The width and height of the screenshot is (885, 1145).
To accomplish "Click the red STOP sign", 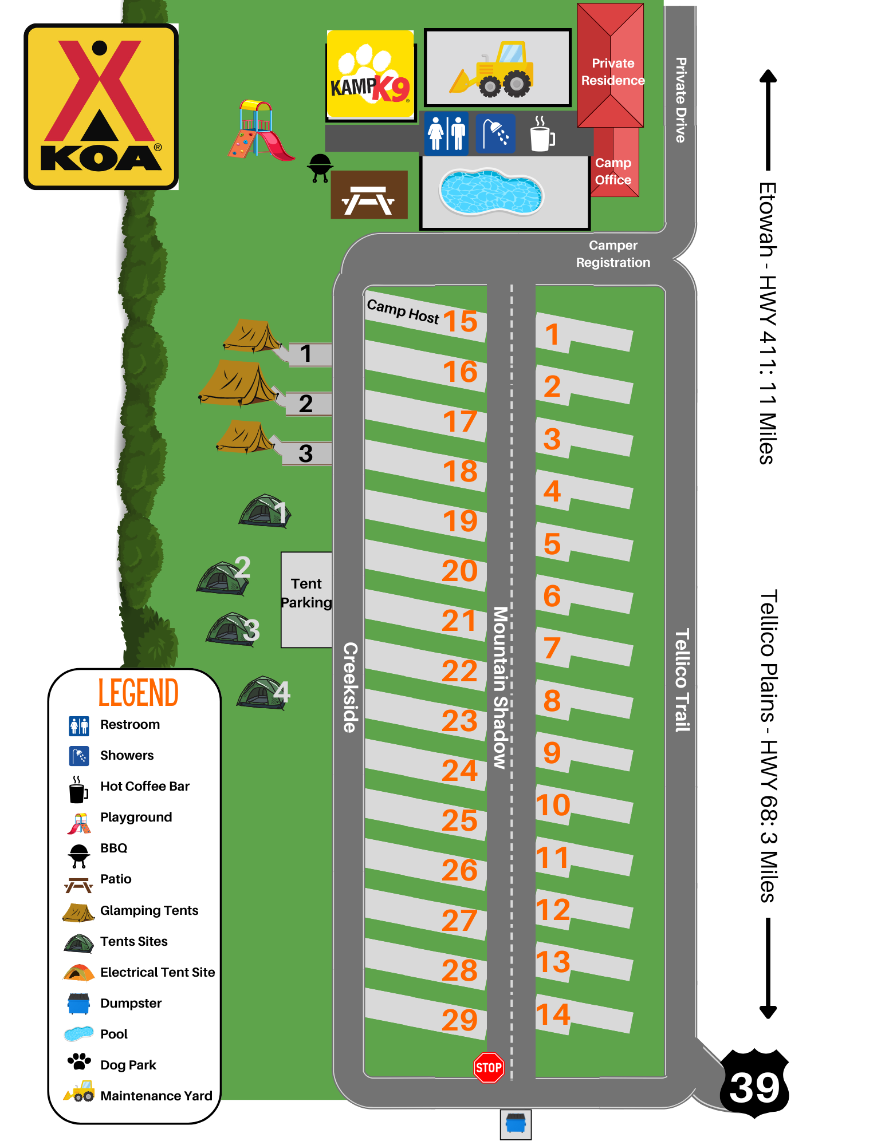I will [x=489, y=1068].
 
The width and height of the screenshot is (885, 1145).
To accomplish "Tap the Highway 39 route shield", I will [x=754, y=1084].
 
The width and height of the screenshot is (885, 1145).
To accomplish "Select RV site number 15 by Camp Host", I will [x=460, y=321].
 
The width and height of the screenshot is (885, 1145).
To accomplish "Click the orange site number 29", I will [x=459, y=1020].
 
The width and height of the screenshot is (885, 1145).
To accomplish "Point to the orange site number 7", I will [x=552, y=649].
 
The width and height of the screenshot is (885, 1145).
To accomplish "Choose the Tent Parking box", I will [x=306, y=599].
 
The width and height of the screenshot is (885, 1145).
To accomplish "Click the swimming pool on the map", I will [x=491, y=192].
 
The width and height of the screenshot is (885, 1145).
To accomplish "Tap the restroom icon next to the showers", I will [x=446, y=133].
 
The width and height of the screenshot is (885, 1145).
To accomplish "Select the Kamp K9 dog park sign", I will [x=370, y=74].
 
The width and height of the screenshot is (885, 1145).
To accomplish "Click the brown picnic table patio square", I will [x=369, y=195].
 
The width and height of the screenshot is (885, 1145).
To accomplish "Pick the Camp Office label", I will [x=613, y=171].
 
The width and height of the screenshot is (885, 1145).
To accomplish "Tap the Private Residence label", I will [x=613, y=72].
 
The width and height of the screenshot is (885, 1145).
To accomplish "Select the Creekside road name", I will [x=350, y=687].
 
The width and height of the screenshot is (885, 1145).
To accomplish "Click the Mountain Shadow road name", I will [x=500, y=687].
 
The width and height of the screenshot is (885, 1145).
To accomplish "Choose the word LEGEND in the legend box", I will [x=138, y=693].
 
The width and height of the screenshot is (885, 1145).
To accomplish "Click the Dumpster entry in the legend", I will [x=131, y=1003].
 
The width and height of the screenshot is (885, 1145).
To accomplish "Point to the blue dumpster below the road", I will [x=516, y=1123].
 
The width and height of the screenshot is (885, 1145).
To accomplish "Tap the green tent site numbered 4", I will [x=263, y=693].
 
